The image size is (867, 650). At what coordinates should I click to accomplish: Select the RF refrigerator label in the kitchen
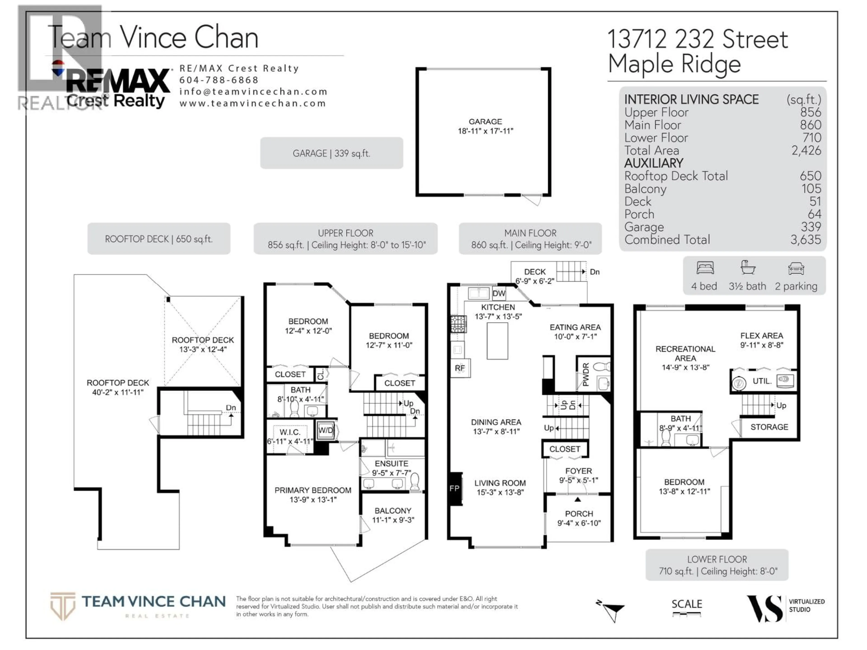point(460,368)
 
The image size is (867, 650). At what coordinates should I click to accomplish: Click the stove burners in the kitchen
point(458,324)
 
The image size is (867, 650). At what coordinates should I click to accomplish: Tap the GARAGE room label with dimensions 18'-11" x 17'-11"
point(485,126)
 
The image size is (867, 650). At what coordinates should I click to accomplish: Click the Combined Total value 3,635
point(805,240)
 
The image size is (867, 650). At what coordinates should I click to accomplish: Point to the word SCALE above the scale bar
point(687,604)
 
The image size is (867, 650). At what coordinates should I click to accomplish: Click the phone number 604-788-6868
point(219,80)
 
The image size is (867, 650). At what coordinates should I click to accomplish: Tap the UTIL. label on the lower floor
point(762,381)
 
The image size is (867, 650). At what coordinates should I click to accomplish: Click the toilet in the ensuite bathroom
point(415,482)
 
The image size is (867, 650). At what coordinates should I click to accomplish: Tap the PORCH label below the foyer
point(579,514)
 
